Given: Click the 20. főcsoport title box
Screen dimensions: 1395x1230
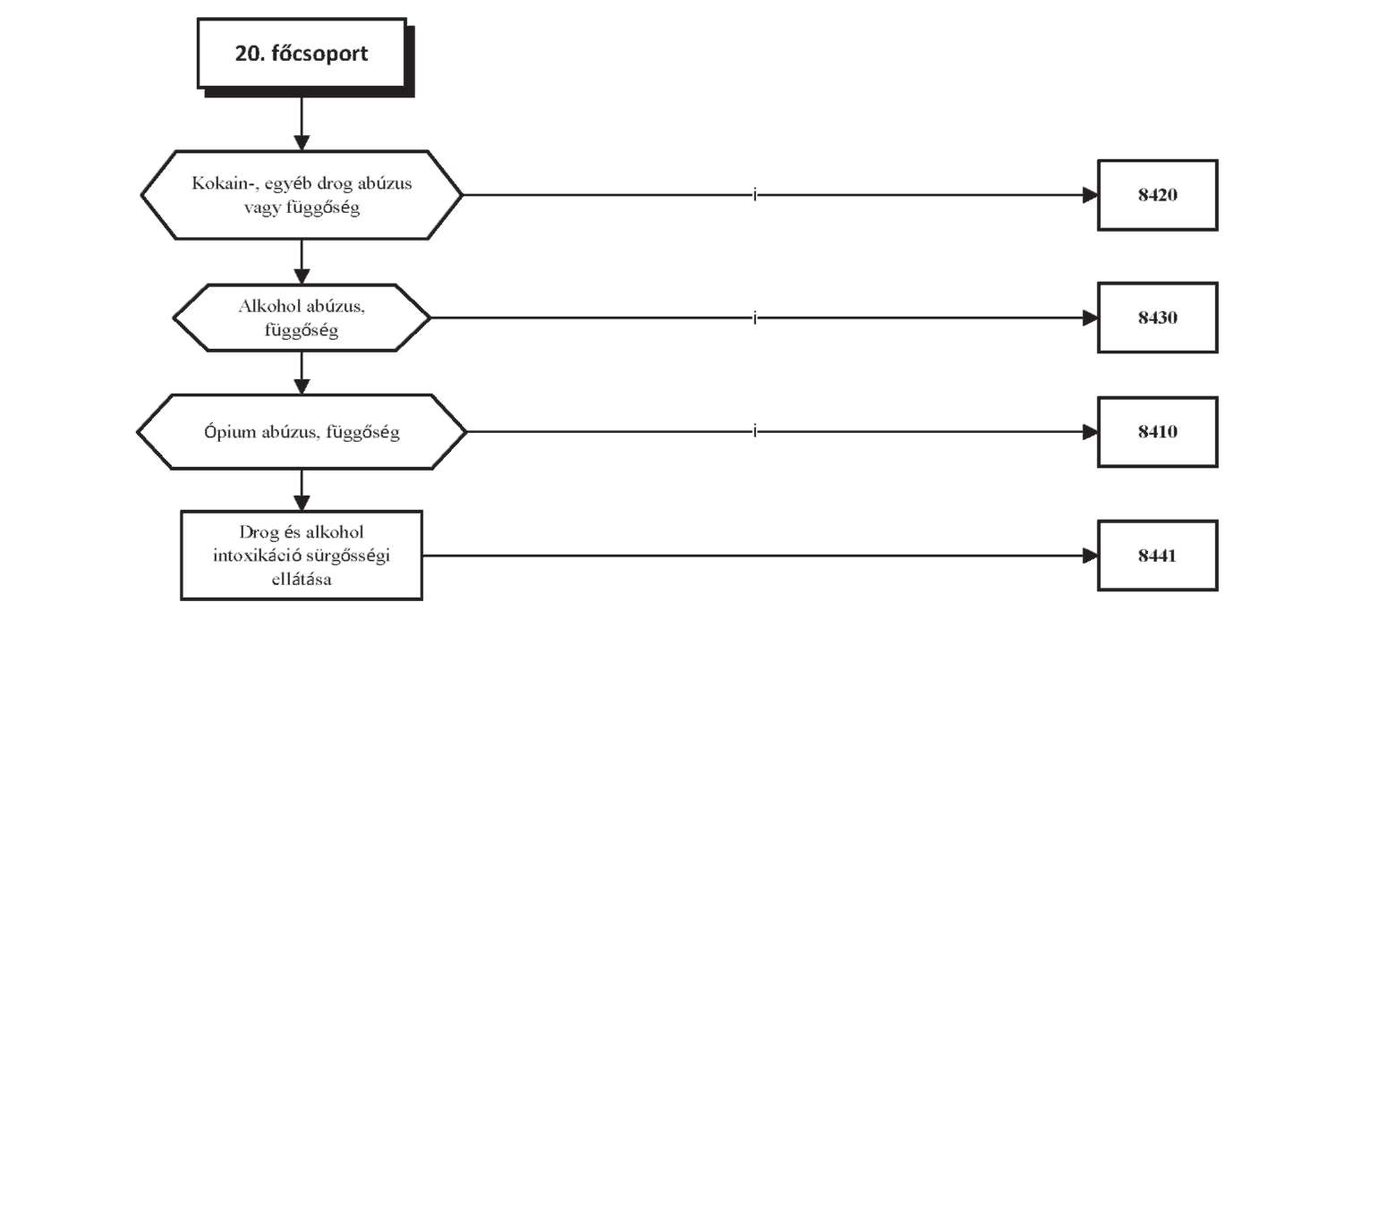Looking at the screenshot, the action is (302, 54).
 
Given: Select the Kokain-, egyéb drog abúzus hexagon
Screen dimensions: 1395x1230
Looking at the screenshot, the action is (302, 195).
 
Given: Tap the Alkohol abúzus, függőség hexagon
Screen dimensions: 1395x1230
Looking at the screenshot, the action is (302, 318).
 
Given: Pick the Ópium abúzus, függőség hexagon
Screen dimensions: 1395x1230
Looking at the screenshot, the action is (302, 432).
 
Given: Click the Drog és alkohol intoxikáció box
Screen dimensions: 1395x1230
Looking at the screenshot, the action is (302, 556).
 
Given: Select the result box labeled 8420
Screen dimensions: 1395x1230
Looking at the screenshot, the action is (1158, 195).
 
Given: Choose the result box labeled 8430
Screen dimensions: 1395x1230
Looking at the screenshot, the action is (1158, 318).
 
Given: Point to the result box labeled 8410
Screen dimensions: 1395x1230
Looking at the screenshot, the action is (1158, 432).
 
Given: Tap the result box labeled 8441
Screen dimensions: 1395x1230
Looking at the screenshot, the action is (1158, 556).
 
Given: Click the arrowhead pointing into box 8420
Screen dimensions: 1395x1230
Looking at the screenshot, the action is (1090, 195).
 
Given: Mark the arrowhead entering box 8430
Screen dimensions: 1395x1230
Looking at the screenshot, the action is (1090, 318).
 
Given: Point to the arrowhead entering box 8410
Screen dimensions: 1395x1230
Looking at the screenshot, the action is (1090, 432).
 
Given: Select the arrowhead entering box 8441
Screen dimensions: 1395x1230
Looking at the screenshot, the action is (1090, 556).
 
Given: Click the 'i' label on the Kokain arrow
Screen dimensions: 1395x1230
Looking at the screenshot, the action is (755, 194).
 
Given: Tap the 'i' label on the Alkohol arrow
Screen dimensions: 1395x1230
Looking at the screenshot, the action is (755, 317).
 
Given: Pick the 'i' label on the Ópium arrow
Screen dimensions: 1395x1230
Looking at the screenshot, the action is (755, 431).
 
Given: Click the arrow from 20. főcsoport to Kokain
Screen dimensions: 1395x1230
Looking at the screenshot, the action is (302, 124).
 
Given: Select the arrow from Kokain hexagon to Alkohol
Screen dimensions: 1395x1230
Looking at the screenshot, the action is (302, 262).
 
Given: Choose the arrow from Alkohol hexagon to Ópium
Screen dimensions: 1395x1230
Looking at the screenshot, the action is (302, 373).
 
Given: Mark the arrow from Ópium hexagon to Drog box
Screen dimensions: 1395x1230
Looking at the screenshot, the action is (302, 490).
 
